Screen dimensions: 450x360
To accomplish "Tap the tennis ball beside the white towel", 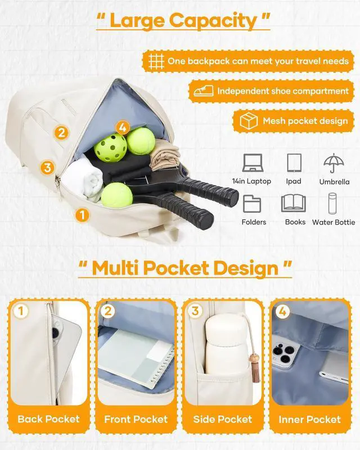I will click(117, 194).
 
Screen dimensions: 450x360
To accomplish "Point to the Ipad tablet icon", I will click(294, 163).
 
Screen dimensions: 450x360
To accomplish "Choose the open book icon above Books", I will click(294, 203).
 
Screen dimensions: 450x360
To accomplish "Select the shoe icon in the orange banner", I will click(203, 91).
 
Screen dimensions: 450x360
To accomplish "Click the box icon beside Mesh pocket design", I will click(248, 121).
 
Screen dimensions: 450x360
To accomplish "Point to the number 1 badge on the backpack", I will click(82, 214).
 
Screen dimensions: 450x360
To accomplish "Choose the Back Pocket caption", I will click(48, 419).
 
